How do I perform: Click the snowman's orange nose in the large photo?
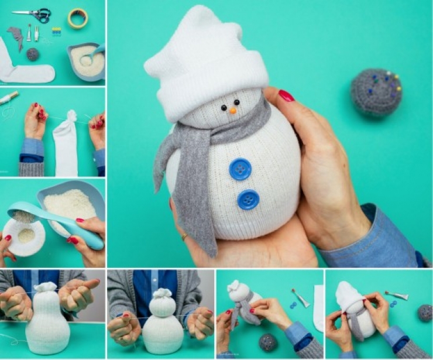pos(233,110)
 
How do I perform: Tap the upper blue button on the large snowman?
pos(240,169)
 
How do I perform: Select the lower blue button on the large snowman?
pos(248,200)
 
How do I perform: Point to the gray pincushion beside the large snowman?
pos(376,92)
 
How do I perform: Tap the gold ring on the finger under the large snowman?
pos(184,237)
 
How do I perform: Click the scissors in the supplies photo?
pos(34,15)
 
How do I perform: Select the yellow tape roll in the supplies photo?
pos(77,18)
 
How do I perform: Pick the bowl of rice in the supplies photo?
pos(87,60)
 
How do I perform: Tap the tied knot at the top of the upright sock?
pos(69,116)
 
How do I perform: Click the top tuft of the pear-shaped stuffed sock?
pos(46,287)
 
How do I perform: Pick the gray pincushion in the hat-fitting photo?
pos(424,313)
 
